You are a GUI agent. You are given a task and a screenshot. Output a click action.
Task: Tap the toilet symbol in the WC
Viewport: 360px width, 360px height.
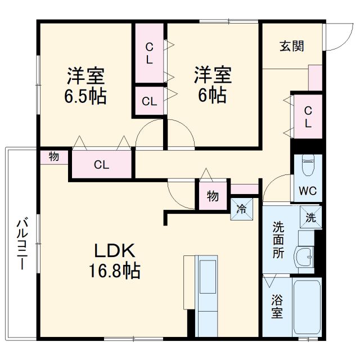(x=308, y=165)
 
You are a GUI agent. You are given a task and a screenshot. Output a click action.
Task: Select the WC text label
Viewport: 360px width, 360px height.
(x=307, y=190)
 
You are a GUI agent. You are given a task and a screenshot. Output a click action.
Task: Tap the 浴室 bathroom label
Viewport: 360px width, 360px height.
(x=277, y=307)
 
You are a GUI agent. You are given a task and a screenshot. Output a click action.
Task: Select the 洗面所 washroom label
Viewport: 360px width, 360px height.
(x=278, y=240)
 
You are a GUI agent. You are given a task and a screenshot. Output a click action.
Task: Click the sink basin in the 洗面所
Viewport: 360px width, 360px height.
(x=305, y=256)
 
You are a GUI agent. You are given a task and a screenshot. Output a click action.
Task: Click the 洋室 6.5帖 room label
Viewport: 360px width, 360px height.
(x=85, y=85)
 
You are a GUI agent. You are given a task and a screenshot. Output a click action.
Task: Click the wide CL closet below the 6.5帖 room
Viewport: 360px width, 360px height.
(x=101, y=165)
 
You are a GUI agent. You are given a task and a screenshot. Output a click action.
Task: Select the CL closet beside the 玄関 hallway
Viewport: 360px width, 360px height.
(x=308, y=116)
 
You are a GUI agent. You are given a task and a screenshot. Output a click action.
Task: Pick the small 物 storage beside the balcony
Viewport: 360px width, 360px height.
(x=53, y=157)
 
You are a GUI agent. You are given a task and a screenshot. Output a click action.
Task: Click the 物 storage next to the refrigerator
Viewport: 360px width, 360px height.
(x=212, y=196)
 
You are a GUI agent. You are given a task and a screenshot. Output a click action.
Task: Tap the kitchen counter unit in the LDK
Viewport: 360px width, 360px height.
(x=205, y=295)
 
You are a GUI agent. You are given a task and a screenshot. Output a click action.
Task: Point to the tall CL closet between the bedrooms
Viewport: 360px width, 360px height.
(x=149, y=53)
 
